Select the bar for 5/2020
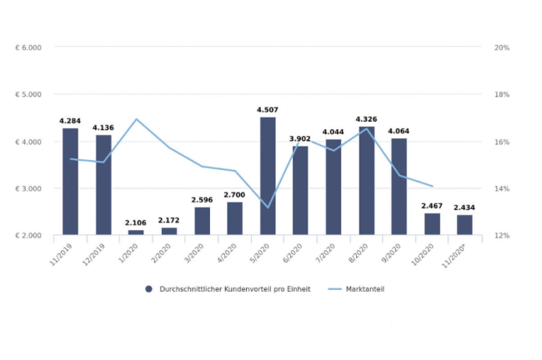268,176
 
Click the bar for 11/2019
71,182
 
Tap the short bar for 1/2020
136,232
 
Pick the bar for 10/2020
433,224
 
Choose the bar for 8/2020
367,181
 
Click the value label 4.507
268,110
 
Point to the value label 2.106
136,222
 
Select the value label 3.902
300,139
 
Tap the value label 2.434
464,207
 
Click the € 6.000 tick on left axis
28,47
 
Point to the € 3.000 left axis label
28,188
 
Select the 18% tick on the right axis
502,95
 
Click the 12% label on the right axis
502,236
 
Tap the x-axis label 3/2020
194,253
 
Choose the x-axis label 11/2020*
455,255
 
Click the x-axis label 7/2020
325,253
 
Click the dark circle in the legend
148,289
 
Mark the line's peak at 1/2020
136,119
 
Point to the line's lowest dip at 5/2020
268,207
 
